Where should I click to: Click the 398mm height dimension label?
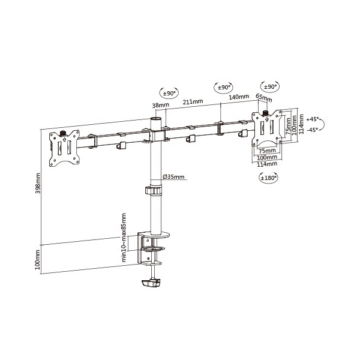click(x=38, y=183)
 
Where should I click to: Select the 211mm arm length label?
click(x=193, y=101)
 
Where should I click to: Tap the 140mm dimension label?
click(x=239, y=97)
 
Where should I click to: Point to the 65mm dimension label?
click(x=264, y=98)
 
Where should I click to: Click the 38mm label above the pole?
click(x=160, y=105)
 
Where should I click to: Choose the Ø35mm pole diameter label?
click(x=173, y=176)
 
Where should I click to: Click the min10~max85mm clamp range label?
click(x=124, y=238)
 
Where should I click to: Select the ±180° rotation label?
click(x=268, y=178)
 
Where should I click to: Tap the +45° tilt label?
click(x=313, y=119)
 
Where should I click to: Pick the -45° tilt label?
click(x=313, y=130)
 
